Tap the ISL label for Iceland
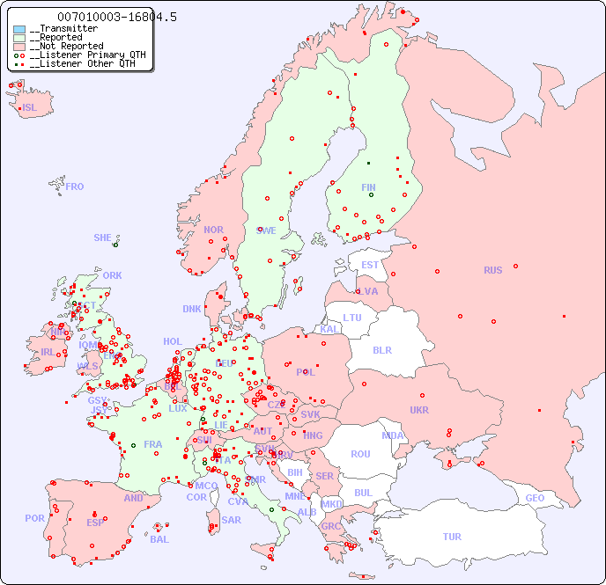pyautogui.click(x=30, y=108)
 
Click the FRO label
pyautogui.click(x=75, y=186)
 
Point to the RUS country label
pyautogui.click(x=492, y=270)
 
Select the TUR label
pyautogui.click(x=452, y=537)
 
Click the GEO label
pyautogui.click(x=535, y=498)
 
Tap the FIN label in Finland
pyautogui.click(x=368, y=187)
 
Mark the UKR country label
pyautogui.click(x=419, y=410)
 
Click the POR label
pyautogui.click(x=34, y=518)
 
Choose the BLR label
pyautogui.click(x=382, y=349)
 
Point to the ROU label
pyautogui.click(x=360, y=454)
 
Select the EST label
pyautogui.click(x=370, y=265)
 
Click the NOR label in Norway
pyautogui.click(x=213, y=230)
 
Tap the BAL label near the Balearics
pyautogui.click(x=159, y=539)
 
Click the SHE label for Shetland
pyautogui.click(x=102, y=238)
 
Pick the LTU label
pyautogui.click(x=352, y=318)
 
